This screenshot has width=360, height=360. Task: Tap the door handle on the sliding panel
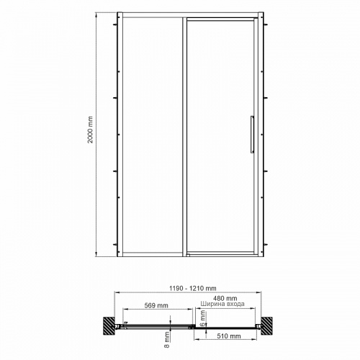click(251, 135)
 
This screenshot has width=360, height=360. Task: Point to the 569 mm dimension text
click(157, 305)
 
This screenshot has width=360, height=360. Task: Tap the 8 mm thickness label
click(167, 335)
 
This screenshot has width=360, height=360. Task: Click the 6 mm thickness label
click(204, 314)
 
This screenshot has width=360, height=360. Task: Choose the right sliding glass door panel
click(219, 137)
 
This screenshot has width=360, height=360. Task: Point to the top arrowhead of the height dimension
click(98, 14)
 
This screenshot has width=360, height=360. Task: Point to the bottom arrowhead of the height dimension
click(98, 256)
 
